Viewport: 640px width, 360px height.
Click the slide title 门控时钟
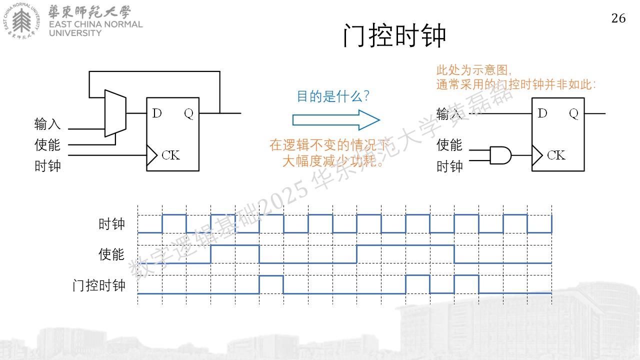coord(394,35)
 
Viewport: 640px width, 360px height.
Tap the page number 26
coord(618,18)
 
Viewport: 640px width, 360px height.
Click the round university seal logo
coord(21,21)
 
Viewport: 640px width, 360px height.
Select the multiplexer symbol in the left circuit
coord(115,113)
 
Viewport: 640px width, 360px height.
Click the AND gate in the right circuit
coord(500,155)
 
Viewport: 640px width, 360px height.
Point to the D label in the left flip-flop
coord(157,113)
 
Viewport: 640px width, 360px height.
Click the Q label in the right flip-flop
coord(573,113)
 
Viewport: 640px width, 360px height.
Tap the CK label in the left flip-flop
coord(171,155)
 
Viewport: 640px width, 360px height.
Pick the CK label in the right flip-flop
coord(556,155)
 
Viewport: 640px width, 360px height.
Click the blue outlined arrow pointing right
coord(336,120)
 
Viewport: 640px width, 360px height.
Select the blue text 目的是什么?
coord(333,96)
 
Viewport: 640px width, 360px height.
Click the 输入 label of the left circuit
coord(47,124)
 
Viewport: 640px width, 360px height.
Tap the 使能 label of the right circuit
coord(449,145)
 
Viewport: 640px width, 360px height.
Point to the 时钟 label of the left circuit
coord(47,166)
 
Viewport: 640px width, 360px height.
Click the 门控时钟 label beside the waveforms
coord(99,285)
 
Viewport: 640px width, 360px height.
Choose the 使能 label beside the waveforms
coord(111,254)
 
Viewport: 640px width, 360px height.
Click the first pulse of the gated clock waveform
coord(271,284)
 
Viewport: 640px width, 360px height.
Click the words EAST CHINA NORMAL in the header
coord(95,24)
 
